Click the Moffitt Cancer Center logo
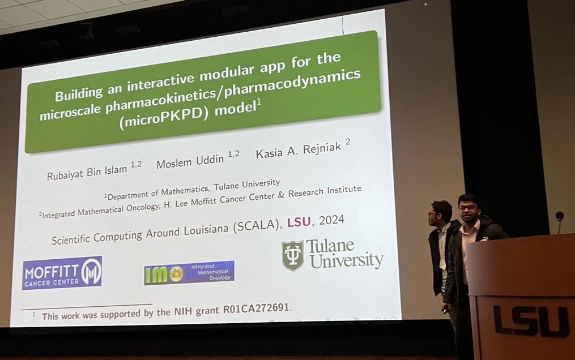[62, 273]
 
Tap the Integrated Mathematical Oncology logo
[189, 273]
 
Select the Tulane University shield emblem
[293, 256]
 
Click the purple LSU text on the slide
[299, 222]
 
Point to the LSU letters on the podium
[531, 322]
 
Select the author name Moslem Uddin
[190, 161]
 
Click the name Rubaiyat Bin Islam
[87, 173]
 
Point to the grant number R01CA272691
[256, 308]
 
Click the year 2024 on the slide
[331, 220]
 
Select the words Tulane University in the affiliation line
[247, 186]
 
